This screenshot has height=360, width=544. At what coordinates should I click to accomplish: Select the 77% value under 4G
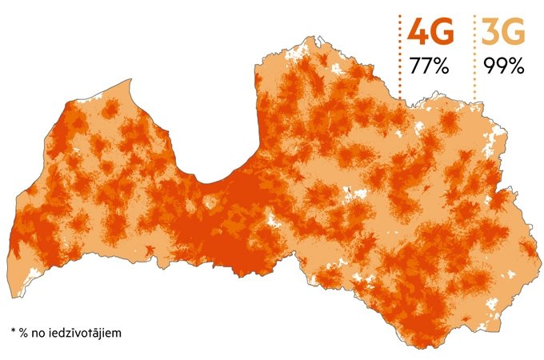pyautogui.click(x=429, y=66)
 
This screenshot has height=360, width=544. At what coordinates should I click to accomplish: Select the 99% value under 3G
pyautogui.click(x=503, y=66)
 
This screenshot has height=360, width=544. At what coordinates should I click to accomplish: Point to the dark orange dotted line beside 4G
pyautogui.click(x=399, y=56)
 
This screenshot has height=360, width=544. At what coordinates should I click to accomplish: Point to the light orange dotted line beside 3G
pyautogui.click(x=474, y=56)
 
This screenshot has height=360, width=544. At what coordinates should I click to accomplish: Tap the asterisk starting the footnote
pyautogui.click(x=14, y=330)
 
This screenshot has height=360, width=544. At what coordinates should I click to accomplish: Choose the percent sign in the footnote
pyautogui.click(x=25, y=330)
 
